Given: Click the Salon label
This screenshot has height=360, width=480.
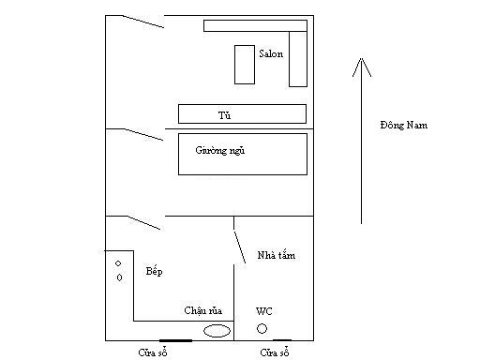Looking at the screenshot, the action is (x=271, y=53).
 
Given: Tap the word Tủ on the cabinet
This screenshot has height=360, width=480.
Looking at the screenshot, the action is (x=224, y=115).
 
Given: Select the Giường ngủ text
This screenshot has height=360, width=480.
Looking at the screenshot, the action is (x=220, y=150).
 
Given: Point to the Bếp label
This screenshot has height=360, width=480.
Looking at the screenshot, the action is (x=154, y=271).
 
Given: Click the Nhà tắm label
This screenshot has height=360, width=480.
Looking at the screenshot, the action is (x=277, y=255).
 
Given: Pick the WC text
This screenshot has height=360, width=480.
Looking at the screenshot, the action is (x=264, y=311).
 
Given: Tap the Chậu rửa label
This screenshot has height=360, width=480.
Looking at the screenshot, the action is (x=203, y=310).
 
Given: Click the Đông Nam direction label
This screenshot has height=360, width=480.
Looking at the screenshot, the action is (x=404, y=125).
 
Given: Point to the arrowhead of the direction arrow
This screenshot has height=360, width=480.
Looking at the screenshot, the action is (x=362, y=58).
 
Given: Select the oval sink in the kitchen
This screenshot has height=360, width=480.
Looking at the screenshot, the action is (x=217, y=331).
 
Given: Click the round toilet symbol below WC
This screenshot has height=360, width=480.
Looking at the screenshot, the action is (x=262, y=328).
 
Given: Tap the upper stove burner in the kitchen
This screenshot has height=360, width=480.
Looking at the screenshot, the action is (x=118, y=263).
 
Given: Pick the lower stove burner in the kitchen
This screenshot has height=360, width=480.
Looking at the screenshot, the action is (x=119, y=277).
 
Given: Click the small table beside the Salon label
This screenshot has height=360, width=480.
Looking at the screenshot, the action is (x=245, y=65).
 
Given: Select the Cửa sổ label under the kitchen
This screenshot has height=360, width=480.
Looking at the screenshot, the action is (x=153, y=352).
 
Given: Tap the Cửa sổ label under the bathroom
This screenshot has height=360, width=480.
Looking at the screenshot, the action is (x=275, y=352).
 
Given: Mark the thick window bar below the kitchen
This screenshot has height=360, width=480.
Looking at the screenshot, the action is (x=175, y=340).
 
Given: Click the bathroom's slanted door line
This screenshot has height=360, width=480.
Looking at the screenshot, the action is (x=240, y=247).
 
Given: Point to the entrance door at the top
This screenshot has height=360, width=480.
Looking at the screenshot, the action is (x=143, y=22).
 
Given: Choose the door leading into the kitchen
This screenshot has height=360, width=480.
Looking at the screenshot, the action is (x=144, y=223).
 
